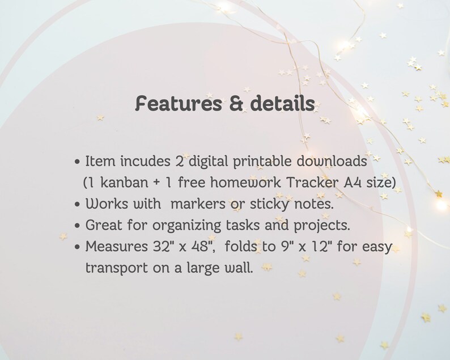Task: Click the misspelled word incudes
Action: pyautogui.click(x=141, y=161)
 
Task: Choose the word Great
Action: pyautogui.click(x=103, y=225)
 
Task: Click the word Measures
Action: pyautogui.click(x=113, y=246)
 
